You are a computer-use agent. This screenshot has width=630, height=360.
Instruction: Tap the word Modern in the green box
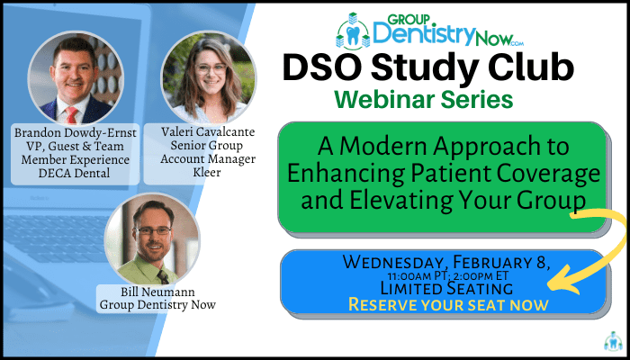[x=375, y=147]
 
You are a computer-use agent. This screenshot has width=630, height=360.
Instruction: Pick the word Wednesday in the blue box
[x=395, y=263]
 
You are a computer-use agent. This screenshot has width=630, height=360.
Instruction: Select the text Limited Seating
[x=446, y=288]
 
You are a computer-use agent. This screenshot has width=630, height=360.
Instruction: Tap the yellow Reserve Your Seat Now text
[x=448, y=305]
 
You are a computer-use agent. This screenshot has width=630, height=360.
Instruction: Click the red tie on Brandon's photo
[x=72, y=115]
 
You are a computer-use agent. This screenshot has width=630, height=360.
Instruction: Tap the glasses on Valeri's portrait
[x=211, y=68]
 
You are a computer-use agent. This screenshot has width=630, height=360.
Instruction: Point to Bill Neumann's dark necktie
[x=163, y=277]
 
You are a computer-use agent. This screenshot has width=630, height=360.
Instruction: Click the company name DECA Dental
[x=75, y=174]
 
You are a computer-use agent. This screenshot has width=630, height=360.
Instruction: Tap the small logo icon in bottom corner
[x=613, y=341]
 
